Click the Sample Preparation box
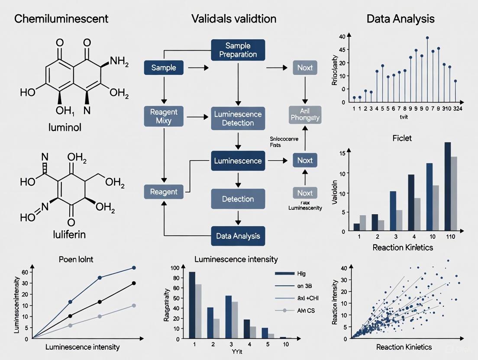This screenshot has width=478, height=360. click(237, 50)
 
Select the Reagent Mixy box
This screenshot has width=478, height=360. click(164, 116)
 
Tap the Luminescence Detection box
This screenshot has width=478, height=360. click(237, 119)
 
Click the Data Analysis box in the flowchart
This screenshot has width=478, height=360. click(237, 236)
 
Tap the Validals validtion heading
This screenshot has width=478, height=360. click(235, 19)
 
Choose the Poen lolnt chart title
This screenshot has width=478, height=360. click(77, 260)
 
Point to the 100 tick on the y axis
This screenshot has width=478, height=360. click(174, 267)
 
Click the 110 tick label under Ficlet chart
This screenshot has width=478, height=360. click(450, 238)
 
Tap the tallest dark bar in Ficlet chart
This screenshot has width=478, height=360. click(448, 186)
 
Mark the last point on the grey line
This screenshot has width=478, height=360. click(134, 305)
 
